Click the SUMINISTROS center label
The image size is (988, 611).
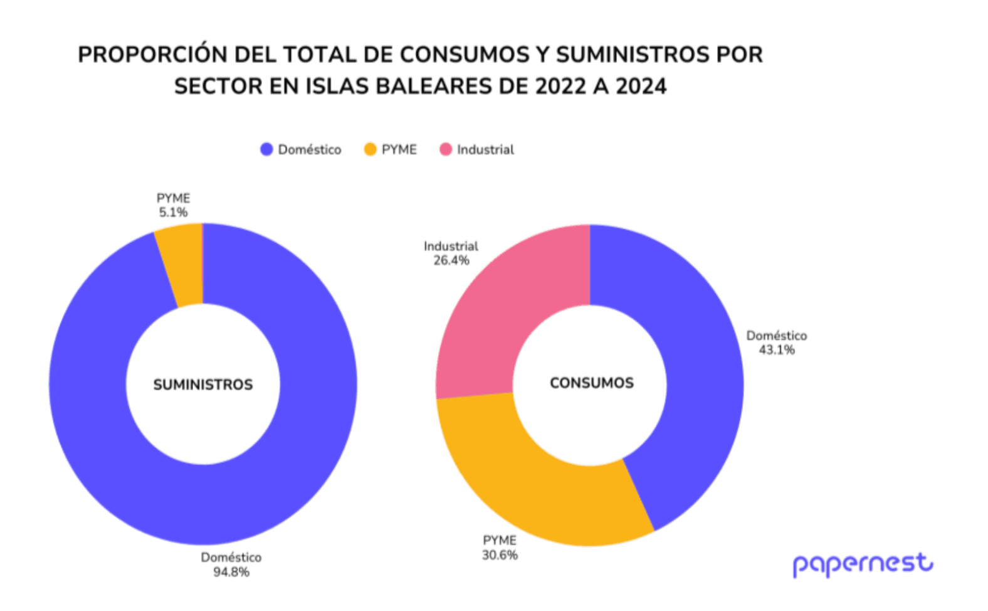(203, 385)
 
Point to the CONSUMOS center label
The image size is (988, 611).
(592, 383)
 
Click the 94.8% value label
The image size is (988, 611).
(231, 572)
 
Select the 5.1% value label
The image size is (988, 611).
(173, 213)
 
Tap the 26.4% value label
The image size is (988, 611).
(451, 260)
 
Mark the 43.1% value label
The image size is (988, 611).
(777, 350)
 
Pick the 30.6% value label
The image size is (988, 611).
(500, 555)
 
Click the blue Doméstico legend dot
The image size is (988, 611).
(266, 149)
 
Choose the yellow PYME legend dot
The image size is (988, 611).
(370, 149)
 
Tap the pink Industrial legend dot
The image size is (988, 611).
(446, 149)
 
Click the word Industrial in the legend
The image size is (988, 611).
(485, 149)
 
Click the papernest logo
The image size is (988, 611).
(863, 564)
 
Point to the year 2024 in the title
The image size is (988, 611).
(641, 86)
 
